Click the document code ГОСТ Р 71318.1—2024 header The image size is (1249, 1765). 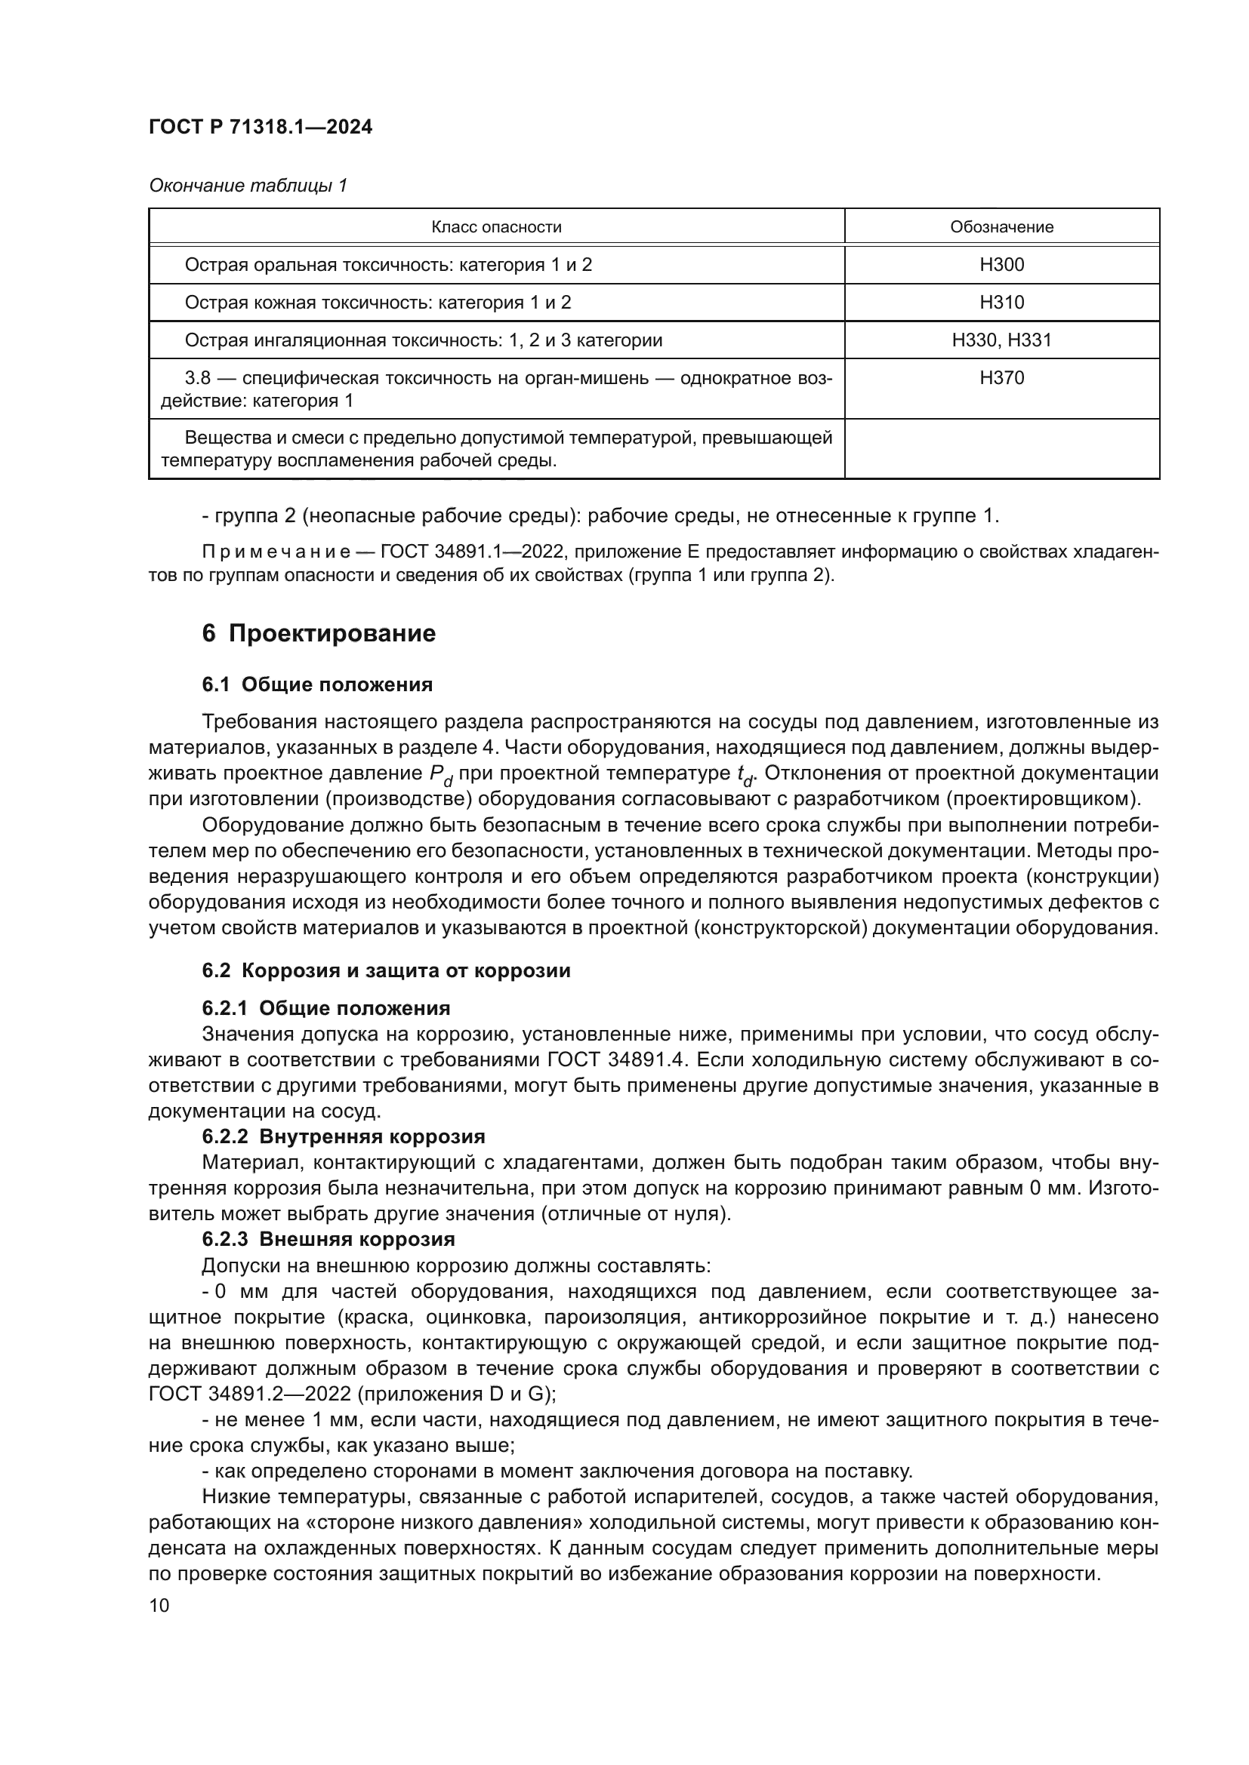(x=260, y=127)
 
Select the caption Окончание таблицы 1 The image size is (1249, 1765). (x=248, y=186)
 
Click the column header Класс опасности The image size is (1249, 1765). (x=496, y=227)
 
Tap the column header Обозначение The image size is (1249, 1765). (x=1001, y=227)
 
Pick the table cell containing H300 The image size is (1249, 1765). (x=1001, y=264)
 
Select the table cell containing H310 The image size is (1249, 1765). (x=1001, y=302)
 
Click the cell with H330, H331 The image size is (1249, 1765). (x=1001, y=340)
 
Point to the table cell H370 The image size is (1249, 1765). (x=1001, y=377)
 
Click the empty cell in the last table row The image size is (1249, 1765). (x=1001, y=449)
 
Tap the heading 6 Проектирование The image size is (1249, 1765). (x=319, y=633)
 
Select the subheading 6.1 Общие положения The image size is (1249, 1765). (x=317, y=685)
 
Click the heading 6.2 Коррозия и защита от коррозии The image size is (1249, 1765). (x=386, y=970)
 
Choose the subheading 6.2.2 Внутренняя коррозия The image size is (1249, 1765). (x=343, y=1137)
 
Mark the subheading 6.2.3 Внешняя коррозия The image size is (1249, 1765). (x=328, y=1239)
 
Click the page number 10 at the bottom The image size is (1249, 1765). (x=159, y=1606)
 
